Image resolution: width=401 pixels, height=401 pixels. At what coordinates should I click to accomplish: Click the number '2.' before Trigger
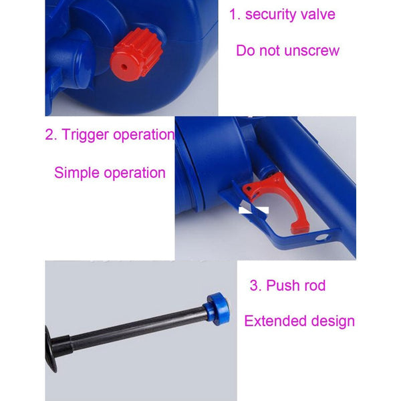[x=51, y=134]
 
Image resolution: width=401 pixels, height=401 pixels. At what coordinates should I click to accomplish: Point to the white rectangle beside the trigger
[x=253, y=210]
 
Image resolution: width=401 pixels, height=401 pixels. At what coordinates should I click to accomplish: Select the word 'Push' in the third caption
[x=283, y=286]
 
